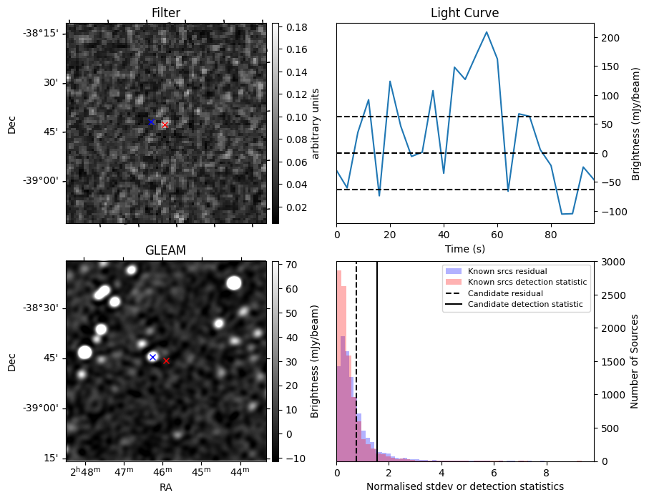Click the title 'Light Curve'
(464, 13)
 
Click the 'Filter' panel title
(166, 13)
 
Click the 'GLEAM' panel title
(166, 250)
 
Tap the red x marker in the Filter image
(165, 124)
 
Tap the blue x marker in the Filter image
(152, 122)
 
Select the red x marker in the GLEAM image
(166, 361)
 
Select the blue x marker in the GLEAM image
(152, 357)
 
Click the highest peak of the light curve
(487, 32)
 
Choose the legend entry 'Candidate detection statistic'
(526, 305)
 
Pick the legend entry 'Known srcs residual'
(506, 272)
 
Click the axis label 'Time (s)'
(464, 247)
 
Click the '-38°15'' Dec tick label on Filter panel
(44, 34)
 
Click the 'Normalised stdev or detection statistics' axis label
(464, 486)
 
